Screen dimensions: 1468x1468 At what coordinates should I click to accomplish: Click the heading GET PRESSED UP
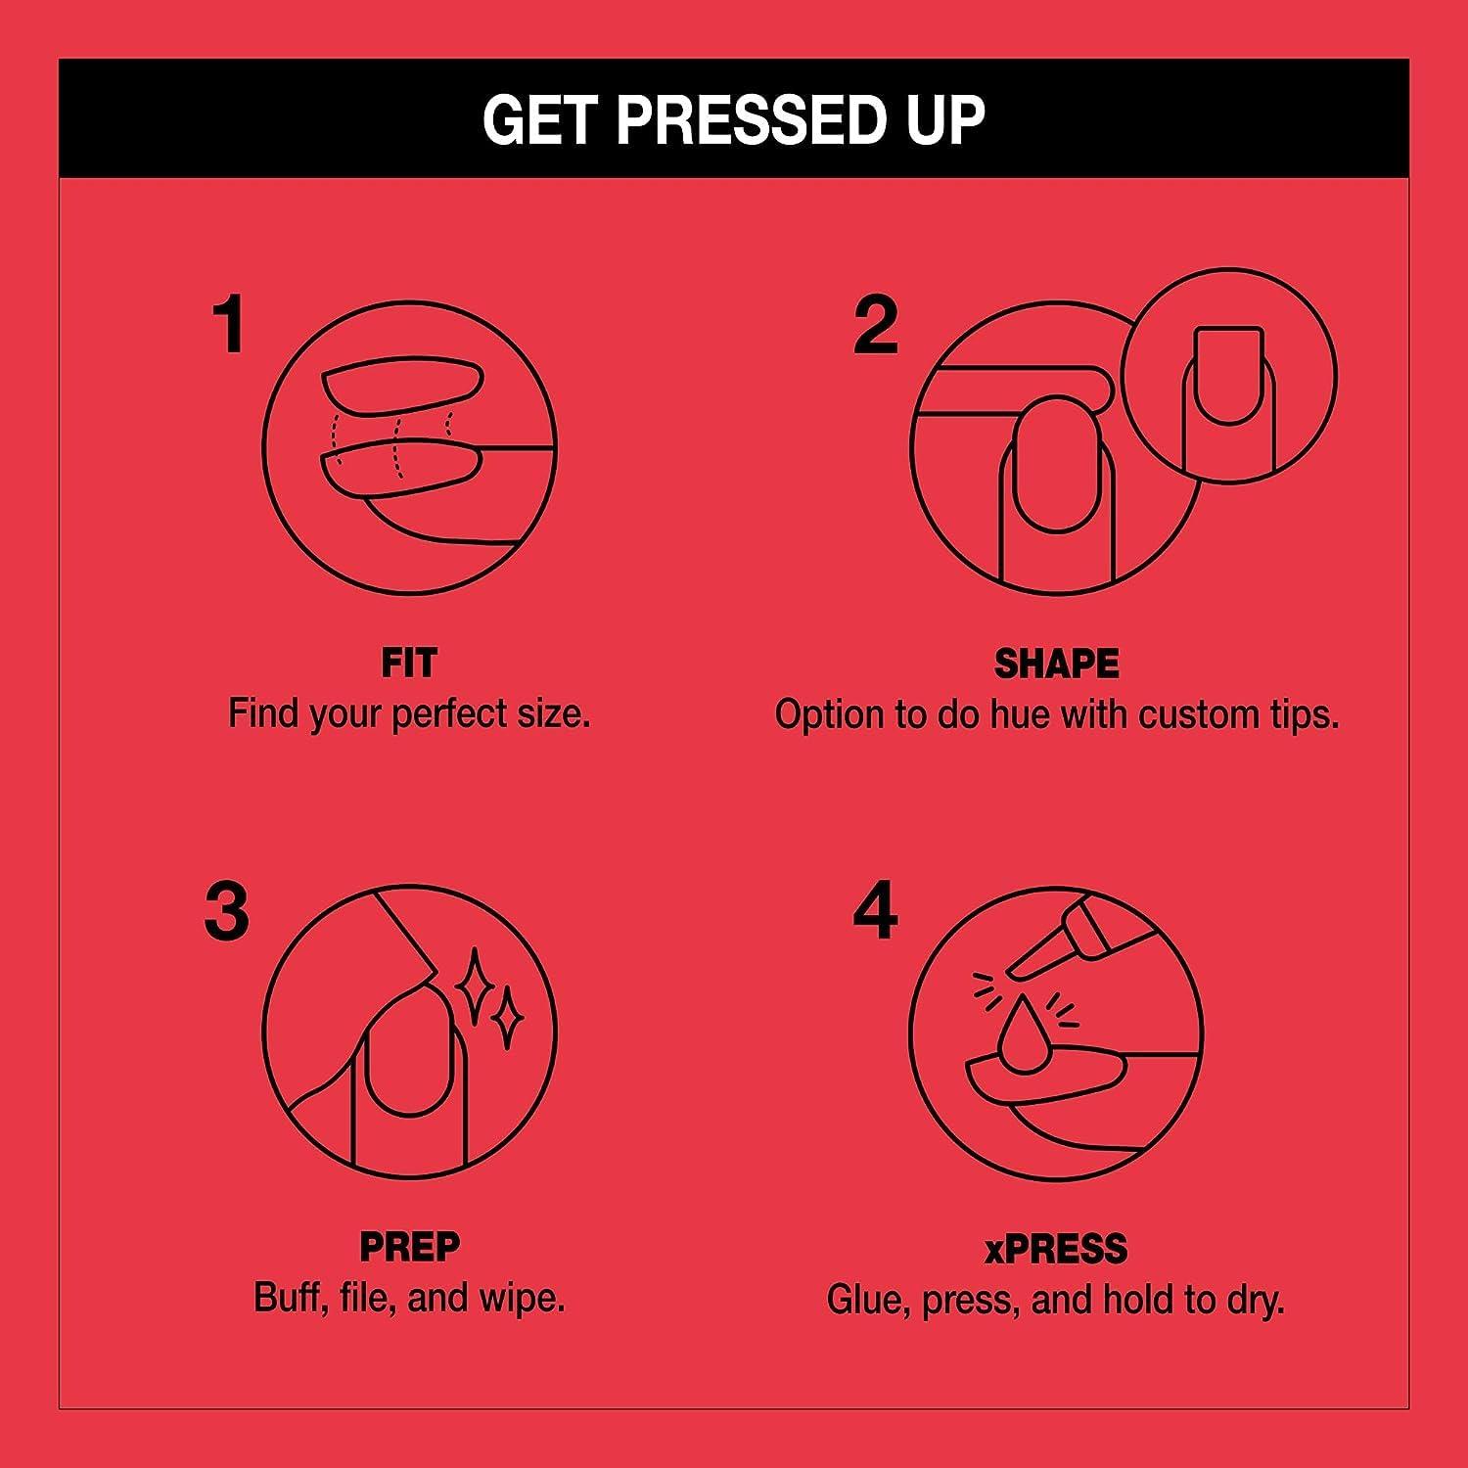(x=733, y=119)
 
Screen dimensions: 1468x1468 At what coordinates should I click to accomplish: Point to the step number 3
(x=227, y=911)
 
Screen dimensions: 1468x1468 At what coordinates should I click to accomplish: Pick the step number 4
(x=875, y=911)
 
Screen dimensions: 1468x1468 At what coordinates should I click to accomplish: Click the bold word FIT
(x=409, y=664)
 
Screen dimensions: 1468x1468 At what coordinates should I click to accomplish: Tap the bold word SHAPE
(x=1057, y=665)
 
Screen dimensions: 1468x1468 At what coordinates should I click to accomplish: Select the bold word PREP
(x=409, y=1247)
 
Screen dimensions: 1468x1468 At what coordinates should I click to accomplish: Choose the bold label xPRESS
(x=1056, y=1249)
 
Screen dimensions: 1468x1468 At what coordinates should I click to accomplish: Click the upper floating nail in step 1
(x=402, y=388)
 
